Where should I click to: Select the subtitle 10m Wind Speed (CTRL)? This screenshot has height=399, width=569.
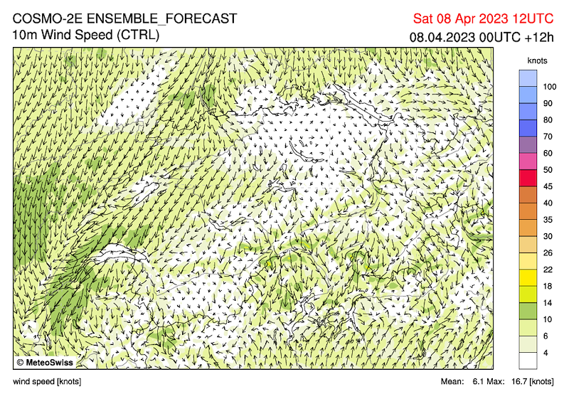pos(85,35)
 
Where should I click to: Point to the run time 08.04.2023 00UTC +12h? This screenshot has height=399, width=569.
pos(482,36)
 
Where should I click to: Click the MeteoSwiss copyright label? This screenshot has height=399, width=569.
pos(45,362)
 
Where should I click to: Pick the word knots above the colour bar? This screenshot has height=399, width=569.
pos(538,61)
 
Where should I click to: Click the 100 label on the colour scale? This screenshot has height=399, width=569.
pos(549,87)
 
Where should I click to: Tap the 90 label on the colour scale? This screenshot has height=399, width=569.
pos(547,103)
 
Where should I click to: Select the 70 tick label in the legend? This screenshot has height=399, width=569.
pos(547,137)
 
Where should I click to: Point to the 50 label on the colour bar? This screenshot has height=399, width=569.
pos(547,170)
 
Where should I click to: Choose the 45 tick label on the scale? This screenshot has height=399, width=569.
pos(547,186)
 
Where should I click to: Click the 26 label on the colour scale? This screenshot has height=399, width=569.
pos(547,252)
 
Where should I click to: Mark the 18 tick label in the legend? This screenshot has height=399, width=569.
pos(547,286)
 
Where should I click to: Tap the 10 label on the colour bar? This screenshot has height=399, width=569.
pos(547,319)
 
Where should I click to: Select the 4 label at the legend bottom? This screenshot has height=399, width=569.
pos(545,352)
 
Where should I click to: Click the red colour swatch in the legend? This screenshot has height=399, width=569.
pos(528,178)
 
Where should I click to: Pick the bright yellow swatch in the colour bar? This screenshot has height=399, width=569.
pos(528,277)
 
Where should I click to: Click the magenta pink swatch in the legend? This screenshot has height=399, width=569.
pos(528,161)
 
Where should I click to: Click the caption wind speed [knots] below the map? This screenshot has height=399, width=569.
pos(47,382)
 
